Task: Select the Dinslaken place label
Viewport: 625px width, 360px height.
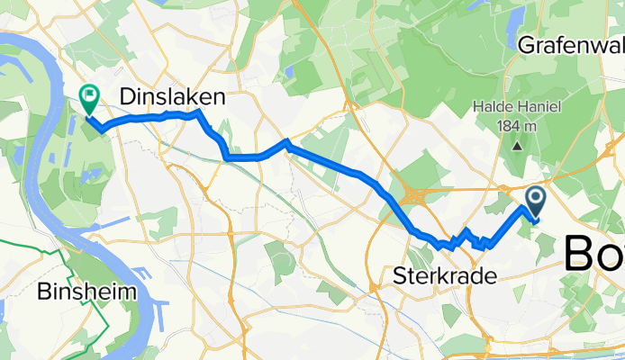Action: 172,96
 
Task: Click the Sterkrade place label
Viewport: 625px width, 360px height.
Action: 445,276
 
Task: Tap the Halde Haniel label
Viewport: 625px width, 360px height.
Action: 518,107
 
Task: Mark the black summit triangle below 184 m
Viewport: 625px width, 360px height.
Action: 518,144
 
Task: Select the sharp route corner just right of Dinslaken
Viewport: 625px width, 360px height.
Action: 198,112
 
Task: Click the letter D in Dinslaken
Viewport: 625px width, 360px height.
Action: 127,96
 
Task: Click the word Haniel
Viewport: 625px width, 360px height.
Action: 539,107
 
